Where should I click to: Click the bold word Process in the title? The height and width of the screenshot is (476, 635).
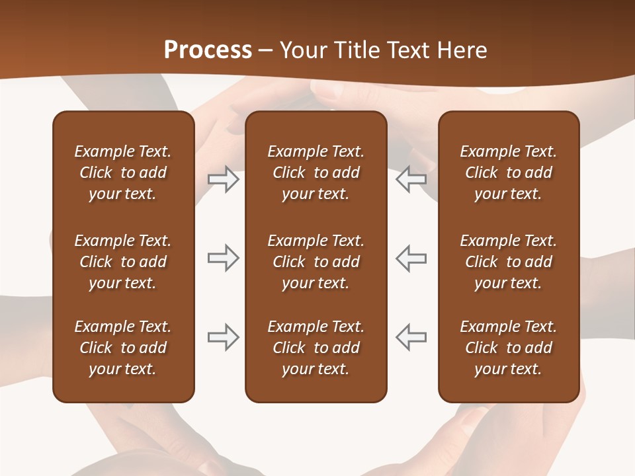[x=208, y=50]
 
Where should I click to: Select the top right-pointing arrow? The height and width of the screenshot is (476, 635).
[x=224, y=179]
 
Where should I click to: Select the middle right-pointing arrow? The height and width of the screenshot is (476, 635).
[x=224, y=258]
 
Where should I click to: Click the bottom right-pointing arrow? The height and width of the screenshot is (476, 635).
[x=224, y=337]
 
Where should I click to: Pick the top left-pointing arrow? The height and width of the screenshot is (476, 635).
[x=411, y=179]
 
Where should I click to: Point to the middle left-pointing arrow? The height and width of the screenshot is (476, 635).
[x=411, y=258]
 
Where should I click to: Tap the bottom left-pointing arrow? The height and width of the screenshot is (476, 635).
[x=411, y=337]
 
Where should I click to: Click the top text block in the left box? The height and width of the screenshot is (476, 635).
[x=123, y=173]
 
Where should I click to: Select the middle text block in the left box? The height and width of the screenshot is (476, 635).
[x=123, y=262]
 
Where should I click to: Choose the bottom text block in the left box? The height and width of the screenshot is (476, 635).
[x=123, y=348]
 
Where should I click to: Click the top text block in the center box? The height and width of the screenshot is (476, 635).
[x=316, y=173]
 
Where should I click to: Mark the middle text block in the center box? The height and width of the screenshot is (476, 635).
[x=316, y=262]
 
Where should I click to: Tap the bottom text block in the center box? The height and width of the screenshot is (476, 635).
[x=316, y=348]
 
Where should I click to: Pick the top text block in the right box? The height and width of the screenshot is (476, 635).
[x=508, y=173]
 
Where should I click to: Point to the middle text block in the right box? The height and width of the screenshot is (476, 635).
[x=508, y=262]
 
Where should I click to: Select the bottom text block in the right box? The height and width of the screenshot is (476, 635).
[x=508, y=348]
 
